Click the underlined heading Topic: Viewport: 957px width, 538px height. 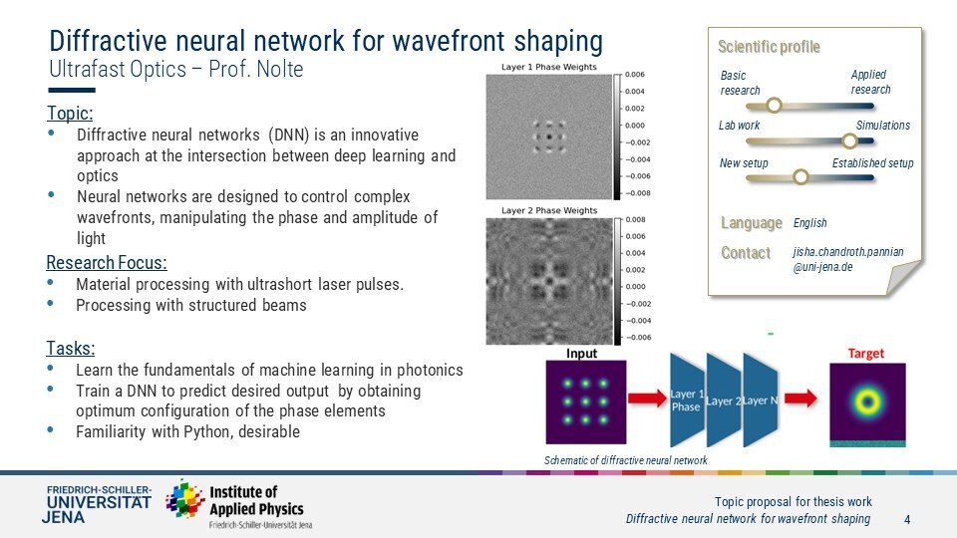point(70,114)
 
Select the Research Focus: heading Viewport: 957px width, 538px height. point(107,263)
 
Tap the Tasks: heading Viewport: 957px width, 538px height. point(71,349)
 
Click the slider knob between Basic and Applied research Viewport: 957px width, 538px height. point(774,106)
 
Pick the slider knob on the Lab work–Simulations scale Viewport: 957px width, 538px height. point(849,140)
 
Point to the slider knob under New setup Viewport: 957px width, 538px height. point(800,177)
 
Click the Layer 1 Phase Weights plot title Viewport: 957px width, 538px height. point(548,67)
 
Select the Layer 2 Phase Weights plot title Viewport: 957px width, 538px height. point(549,210)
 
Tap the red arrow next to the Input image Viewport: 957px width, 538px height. point(647,399)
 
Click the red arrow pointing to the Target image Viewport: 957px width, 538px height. point(800,399)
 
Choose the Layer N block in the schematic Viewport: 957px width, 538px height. point(761,401)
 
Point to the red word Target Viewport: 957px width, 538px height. point(866,353)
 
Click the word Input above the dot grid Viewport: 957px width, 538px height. point(581,353)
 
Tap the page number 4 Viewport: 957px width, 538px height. point(907,520)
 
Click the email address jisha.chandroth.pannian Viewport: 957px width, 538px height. point(848,252)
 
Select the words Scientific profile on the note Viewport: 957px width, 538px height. point(769,47)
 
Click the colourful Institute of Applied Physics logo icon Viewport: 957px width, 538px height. point(185,499)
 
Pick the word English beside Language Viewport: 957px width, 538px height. point(809,223)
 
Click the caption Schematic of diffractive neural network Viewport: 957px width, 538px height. point(626,460)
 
